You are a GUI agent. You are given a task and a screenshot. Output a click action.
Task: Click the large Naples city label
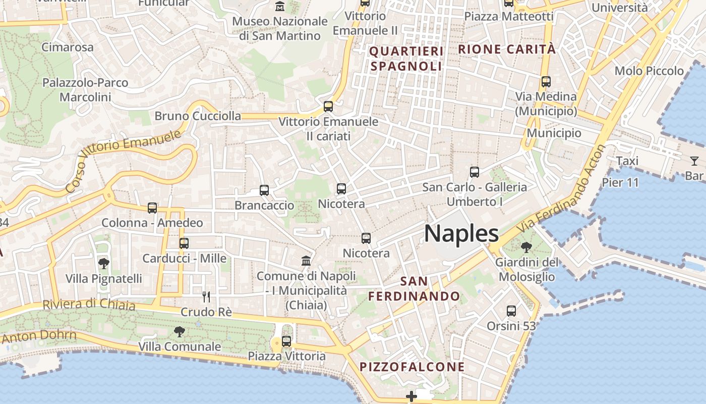(461, 234)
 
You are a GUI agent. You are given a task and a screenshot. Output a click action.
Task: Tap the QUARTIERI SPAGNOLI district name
(406, 59)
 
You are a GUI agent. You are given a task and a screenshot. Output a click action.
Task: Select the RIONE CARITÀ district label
(507, 49)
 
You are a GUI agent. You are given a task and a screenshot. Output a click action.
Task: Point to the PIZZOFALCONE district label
(412, 367)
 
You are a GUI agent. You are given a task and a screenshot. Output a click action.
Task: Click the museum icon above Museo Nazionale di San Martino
(280, 7)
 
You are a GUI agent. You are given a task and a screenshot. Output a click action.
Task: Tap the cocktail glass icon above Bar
(694, 161)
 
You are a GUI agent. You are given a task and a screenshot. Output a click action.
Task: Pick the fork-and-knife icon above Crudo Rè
(206, 296)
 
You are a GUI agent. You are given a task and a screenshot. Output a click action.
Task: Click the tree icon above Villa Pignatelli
(104, 263)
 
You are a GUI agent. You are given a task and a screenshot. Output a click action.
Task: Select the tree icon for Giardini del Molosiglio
(526, 247)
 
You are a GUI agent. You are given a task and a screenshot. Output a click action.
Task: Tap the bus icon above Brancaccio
(264, 190)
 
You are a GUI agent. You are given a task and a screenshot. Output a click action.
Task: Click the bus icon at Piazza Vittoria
(286, 341)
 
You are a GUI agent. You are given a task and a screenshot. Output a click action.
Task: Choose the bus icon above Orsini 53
(511, 311)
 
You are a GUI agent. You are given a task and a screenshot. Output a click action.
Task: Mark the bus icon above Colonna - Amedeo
(152, 208)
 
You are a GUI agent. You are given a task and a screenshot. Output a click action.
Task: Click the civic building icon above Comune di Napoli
(306, 261)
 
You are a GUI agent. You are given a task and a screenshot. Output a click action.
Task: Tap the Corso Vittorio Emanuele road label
(124, 161)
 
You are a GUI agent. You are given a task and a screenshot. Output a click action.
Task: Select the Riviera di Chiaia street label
(89, 305)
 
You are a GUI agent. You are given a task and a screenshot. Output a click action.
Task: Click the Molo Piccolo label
(649, 71)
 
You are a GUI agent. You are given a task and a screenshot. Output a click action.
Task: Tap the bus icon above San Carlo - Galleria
(475, 172)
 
